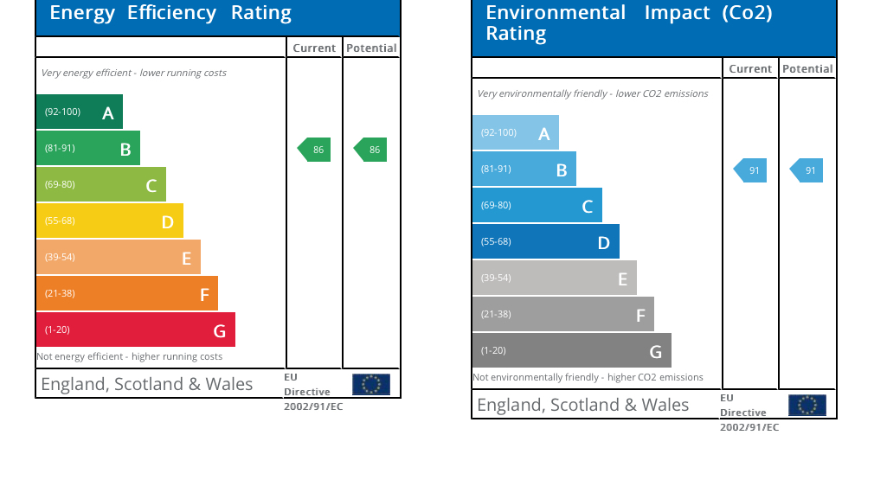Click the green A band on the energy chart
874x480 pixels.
pos(79,112)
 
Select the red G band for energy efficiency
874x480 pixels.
pos(135,330)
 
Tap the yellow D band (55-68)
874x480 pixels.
pos(109,221)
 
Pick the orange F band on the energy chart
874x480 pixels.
pos(126,293)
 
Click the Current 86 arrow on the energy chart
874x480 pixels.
pos(314,150)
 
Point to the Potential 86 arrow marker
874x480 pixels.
pos(370,150)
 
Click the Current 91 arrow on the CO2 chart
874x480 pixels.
pos(750,170)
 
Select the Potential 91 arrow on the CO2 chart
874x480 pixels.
pos(807,170)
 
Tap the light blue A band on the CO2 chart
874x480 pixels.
pos(515,132)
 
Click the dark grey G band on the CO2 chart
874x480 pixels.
pos(571,350)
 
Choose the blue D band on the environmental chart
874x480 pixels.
pos(545,241)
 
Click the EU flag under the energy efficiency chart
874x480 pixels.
pos(371,384)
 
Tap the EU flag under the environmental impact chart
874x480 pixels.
pos(807,405)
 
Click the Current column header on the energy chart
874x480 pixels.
pos(314,48)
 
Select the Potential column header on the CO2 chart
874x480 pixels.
pos(807,69)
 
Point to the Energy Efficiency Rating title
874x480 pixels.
pos(170,13)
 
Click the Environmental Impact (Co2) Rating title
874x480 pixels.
pos(628,22)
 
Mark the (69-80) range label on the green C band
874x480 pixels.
pos(60,184)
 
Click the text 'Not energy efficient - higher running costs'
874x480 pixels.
pos(129,356)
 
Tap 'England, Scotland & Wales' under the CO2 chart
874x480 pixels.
pos(583,405)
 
